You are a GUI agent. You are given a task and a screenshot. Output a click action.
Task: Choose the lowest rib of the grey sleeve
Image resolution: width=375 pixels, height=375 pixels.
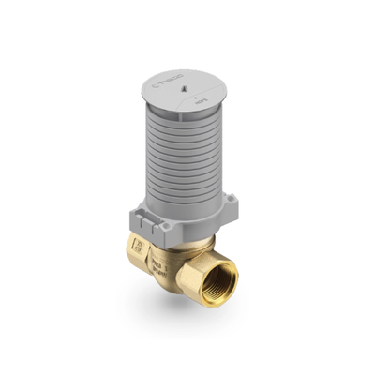[x=183, y=210]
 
